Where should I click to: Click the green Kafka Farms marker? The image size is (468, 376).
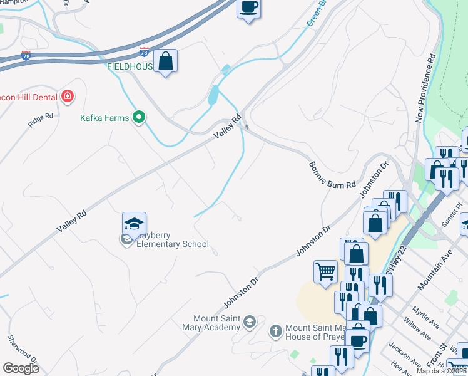(x=140, y=117)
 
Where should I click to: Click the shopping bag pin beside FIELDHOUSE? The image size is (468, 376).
(x=165, y=61)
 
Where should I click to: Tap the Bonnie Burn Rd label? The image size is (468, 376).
(x=332, y=175)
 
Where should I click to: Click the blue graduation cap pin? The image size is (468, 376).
(x=134, y=224)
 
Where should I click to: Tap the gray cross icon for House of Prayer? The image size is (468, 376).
(x=275, y=330)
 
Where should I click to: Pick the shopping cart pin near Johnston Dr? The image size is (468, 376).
(x=325, y=272)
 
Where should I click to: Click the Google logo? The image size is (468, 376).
(x=21, y=368)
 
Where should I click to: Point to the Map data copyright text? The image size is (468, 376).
(x=441, y=371)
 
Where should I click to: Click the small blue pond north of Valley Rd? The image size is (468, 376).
(x=213, y=95)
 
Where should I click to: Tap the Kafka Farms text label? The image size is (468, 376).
(x=104, y=118)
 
